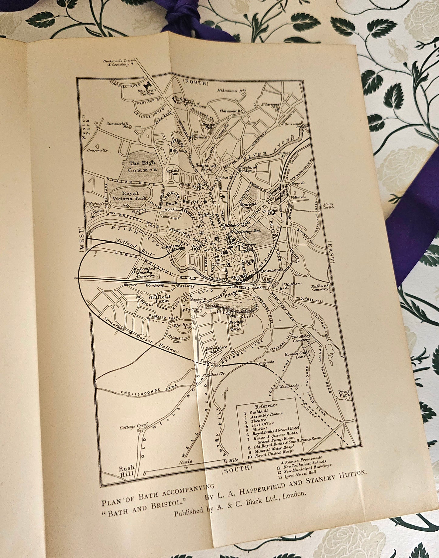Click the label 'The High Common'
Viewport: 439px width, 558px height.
pos(142,166)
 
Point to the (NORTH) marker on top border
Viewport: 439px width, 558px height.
pos(195,82)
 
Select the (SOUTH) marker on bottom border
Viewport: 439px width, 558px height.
pos(237,469)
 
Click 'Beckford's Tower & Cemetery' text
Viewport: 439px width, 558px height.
pos(116,62)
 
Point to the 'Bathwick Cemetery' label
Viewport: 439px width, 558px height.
pos(319,288)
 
